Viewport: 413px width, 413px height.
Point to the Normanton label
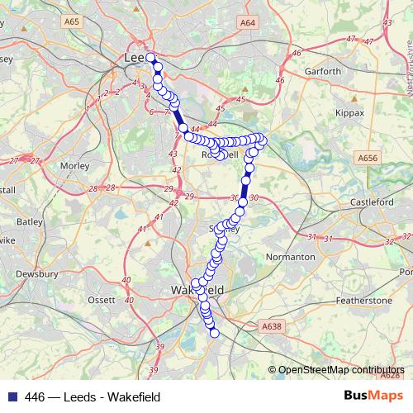pos(291,257)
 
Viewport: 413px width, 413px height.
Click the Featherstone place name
pos(364,301)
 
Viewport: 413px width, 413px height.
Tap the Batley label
pos(29,221)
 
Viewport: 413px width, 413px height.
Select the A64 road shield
pos(247,26)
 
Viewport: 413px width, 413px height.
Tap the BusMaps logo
pos(373,396)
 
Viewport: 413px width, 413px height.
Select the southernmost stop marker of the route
pos(215,333)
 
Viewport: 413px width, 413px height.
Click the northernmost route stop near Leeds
pos(151,58)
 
